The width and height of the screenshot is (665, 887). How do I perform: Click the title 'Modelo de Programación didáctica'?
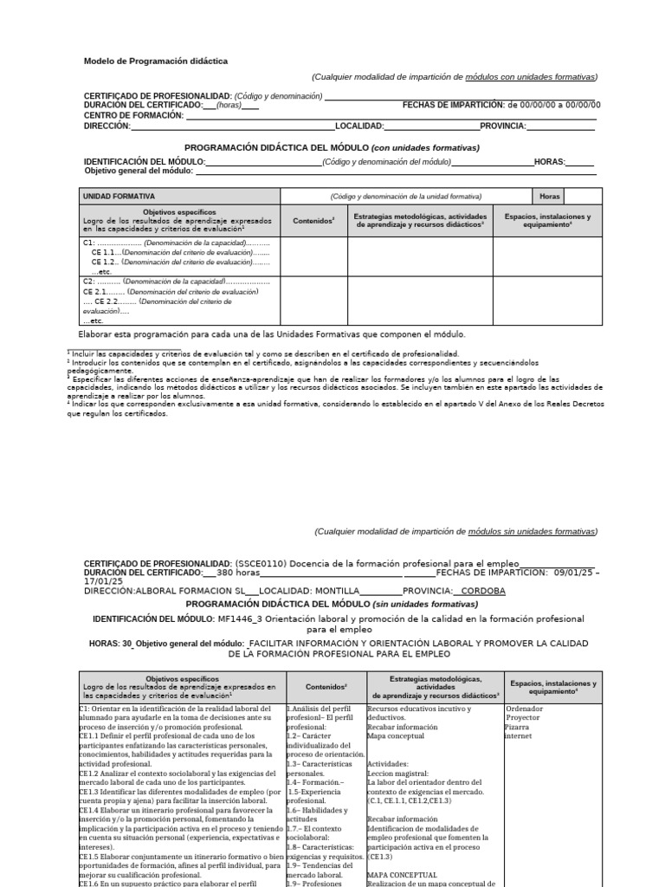coord(156,62)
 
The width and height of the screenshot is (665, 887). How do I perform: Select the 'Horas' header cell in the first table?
coord(550,197)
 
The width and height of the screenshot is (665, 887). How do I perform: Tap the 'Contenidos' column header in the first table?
coord(313,221)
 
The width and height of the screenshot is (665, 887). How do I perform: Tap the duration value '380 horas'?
coord(238,573)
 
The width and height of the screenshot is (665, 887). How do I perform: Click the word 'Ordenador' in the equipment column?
coord(525,709)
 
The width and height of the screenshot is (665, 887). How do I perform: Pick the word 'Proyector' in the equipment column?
coord(524,718)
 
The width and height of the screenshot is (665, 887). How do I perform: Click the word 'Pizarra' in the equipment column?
coord(518,727)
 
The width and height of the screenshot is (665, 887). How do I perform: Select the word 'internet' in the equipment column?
coord(519,736)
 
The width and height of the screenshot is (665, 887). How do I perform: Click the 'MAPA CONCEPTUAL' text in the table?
coord(402,875)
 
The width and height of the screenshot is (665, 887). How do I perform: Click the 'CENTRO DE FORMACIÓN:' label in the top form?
coord(133,115)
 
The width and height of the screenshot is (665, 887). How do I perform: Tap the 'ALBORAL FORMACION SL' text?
coord(190,591)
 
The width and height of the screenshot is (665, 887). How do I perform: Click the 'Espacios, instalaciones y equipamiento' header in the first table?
coord(547,220)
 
